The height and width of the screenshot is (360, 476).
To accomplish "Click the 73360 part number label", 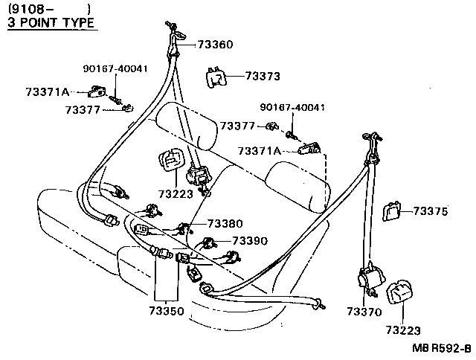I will (215, 45).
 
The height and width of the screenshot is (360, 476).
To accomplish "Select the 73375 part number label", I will (431, 211).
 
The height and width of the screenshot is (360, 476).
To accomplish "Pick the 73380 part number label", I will (225, 223).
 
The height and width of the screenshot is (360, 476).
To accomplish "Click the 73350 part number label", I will (167, 311).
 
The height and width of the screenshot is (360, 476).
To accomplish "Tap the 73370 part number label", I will (364, 311).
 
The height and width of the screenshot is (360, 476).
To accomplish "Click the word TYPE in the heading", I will (80, 22).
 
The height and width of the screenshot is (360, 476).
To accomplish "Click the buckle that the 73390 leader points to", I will (209, 242).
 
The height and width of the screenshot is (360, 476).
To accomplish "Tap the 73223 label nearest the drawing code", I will (403, 330).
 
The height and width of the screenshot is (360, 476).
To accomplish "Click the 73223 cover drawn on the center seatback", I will (172, 161).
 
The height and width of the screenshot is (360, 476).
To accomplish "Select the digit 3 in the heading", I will (12, 22).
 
